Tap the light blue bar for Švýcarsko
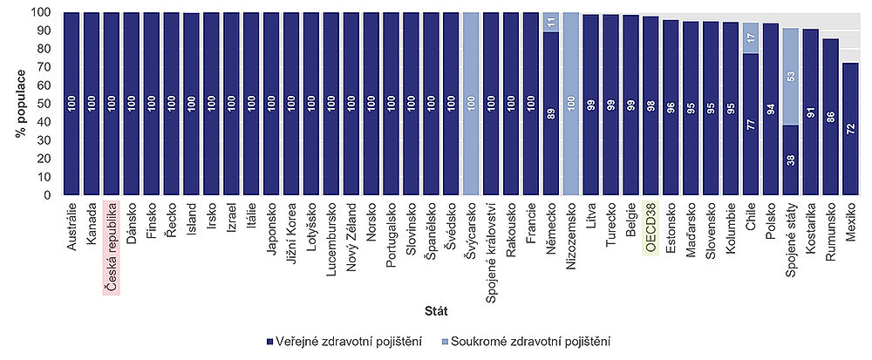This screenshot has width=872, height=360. pyautogui.click(x=472, y=104)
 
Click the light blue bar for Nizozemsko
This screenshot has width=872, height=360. pyautogui.click(x=571, y=104)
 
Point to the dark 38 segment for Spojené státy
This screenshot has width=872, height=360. pyautogui.click(x=790, y=160)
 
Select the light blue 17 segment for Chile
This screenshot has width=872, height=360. pyautogui.click(x=750, y=38)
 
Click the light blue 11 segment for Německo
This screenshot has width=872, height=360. pyautogui.click(x=551, y=23)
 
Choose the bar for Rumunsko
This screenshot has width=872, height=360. pyautogui.click(x=830, y=117)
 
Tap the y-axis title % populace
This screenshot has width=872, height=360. pyautogui.click(x=18, y=104)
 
